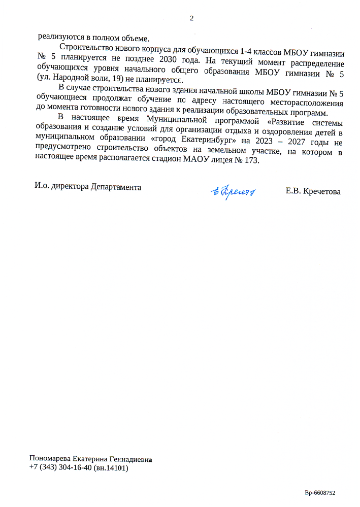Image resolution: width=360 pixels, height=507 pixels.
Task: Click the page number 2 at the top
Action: (191, 19)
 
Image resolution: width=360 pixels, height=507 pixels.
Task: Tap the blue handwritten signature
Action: (233, 191)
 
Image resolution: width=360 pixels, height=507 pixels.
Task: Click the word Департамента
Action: (116, 186)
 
